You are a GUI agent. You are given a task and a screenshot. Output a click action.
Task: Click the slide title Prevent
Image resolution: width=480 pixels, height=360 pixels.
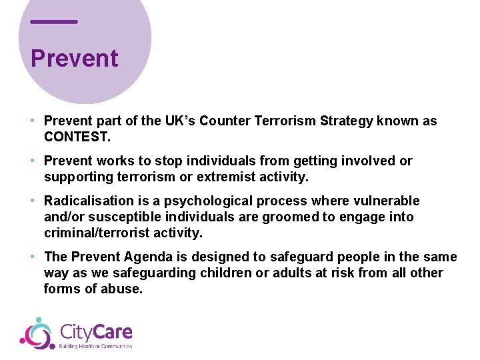point(74,59)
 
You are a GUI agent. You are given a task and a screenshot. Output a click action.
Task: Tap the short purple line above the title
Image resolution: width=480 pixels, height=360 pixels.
point(54,22)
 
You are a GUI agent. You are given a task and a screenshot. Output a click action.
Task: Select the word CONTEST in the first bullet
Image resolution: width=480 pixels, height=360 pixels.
point(75,137)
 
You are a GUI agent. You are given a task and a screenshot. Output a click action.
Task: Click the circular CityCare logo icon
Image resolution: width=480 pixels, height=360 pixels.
point(37,333)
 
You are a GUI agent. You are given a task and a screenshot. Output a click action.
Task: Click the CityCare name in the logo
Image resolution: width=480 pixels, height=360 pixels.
point(96,331)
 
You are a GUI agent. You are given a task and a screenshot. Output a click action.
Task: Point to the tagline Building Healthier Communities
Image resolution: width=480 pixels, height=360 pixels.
point(96,346)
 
